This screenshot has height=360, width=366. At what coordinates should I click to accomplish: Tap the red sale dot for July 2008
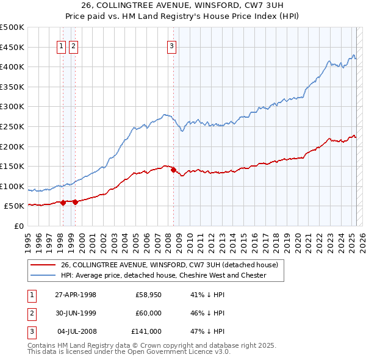coord(173,170)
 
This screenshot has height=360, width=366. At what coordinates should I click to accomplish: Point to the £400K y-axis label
coord(12,67)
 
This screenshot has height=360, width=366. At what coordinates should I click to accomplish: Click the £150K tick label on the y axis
coord(12,166)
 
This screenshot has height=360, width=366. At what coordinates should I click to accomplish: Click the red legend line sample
coord(43,265)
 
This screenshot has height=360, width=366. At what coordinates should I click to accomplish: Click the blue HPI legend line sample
coord(43,275)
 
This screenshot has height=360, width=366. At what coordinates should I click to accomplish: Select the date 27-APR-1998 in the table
coord(76,295)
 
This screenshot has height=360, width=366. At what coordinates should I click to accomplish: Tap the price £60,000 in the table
coord(148,313)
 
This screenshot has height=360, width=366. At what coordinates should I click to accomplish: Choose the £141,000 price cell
coord(146,331)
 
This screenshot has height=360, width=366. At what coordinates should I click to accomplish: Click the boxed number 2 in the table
coord(31,313)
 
